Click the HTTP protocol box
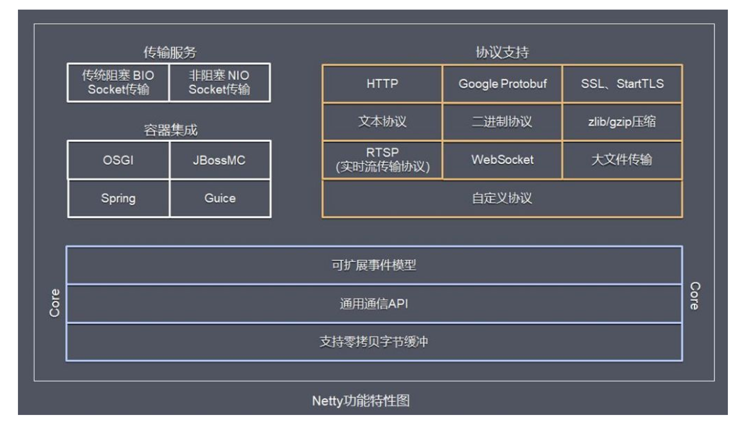point(382,84)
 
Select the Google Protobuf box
point(502,84)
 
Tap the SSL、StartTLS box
point(622,84)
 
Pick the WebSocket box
point(502,160)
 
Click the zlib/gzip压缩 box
point(622,122)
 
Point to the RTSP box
point(382,160)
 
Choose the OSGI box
point(118,160)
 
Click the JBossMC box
point(220,160)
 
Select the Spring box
point(118,198)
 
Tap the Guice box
point(220,198)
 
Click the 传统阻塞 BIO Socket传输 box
point(118,82)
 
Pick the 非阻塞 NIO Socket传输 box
point(220,82)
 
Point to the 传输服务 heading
point(170,53)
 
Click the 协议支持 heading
point(502,53)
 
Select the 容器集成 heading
point(170,130)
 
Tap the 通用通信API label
point(374,303)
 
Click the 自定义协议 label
point(502,198)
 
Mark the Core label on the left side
point(55,303)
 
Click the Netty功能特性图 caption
point(361,401)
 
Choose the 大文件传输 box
point(622,160)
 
